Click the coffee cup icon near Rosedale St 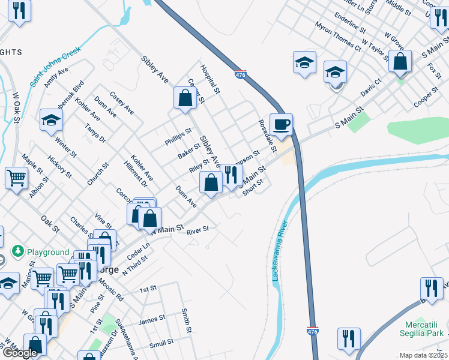[x=281, y=125]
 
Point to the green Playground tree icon [x=19, y=251]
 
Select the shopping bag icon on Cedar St [x=185, y=98]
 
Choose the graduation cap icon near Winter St [x=51, y=120]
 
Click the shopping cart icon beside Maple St [x=16, y=177]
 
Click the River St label [x=197, y=230]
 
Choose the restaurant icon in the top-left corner [x=20, y=11]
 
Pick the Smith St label [x=187, y=321]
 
